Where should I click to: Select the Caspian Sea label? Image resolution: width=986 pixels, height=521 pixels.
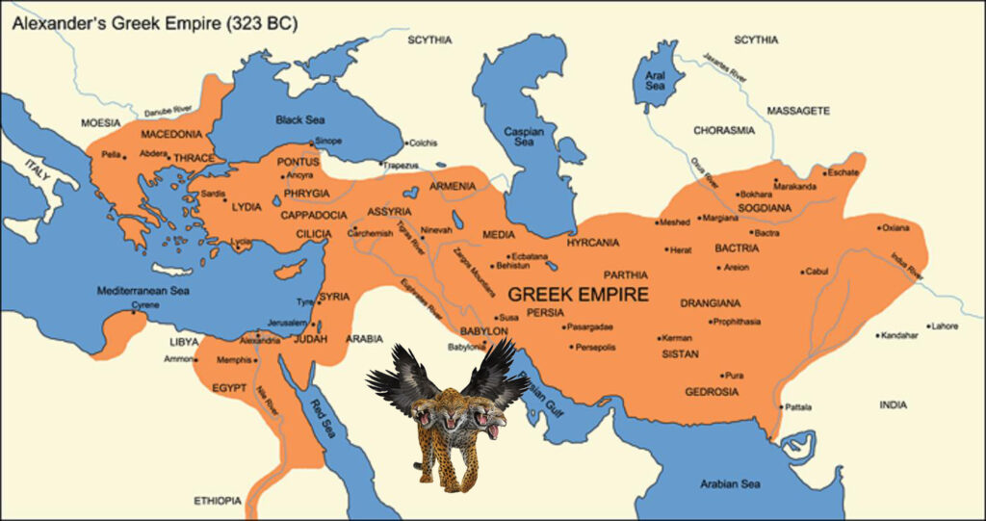(x=523, y=136)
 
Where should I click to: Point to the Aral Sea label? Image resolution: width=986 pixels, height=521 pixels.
(x=656, y=79)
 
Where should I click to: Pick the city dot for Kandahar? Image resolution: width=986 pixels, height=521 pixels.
(x=878, y=336)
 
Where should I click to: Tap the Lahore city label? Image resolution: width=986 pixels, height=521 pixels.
(x=946, y=326)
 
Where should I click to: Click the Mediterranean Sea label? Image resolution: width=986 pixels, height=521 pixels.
(x=142, y=290)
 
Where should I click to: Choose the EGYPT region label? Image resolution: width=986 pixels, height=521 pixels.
(x=229, y=388)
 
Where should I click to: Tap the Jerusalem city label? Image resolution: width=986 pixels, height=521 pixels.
(x=286, y=322)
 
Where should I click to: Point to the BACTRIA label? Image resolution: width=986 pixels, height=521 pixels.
(x=737, y=248)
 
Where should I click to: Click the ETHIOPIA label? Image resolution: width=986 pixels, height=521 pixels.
(x=218, y=501)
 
